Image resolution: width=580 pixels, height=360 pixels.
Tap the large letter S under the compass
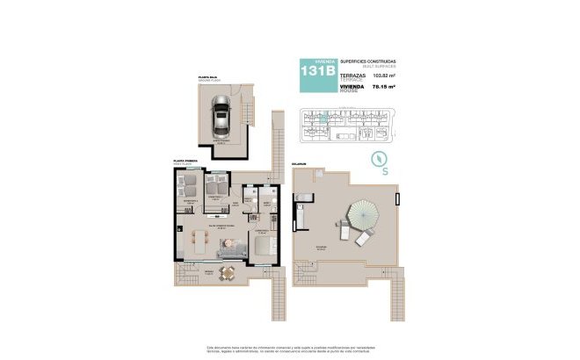[386, 173]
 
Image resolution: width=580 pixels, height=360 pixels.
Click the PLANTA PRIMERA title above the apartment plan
[185, 161]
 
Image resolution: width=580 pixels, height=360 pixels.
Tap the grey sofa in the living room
[230, 253]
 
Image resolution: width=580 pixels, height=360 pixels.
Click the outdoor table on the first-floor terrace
[227, 272]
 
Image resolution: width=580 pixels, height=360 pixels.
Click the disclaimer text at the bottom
[290, 350]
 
